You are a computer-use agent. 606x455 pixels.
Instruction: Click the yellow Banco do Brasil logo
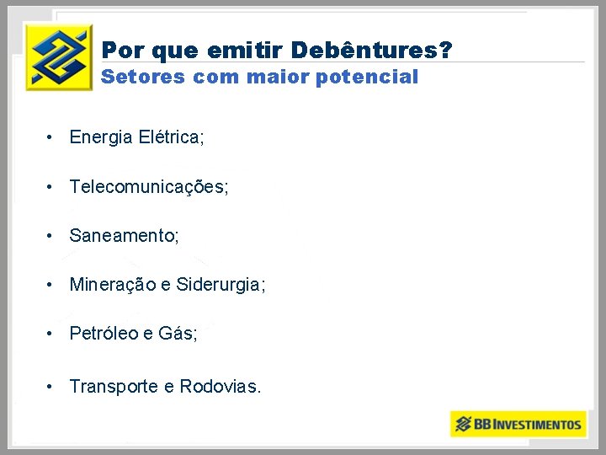pos(58,56)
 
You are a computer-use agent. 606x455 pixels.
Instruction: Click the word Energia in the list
pos(101,137)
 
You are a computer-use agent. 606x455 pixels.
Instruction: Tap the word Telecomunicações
pos(148,187)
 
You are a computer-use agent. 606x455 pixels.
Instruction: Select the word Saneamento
pos(123,236)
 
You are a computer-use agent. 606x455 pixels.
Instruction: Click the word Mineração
pos(112,285)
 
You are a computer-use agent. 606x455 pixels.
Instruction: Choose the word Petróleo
pos(104,334)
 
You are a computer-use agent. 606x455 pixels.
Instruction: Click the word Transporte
pos(114,386)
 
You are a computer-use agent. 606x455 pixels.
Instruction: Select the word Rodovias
pos(220,386)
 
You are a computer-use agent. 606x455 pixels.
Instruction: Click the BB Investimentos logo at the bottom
pos(517,423)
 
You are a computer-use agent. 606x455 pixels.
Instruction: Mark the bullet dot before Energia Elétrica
pos(51,137)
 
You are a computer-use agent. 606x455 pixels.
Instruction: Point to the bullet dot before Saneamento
pos(51,236)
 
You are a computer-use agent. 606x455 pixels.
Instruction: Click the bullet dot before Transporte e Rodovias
pos(51,386)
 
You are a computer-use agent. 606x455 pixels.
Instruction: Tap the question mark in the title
pos(445,51)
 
